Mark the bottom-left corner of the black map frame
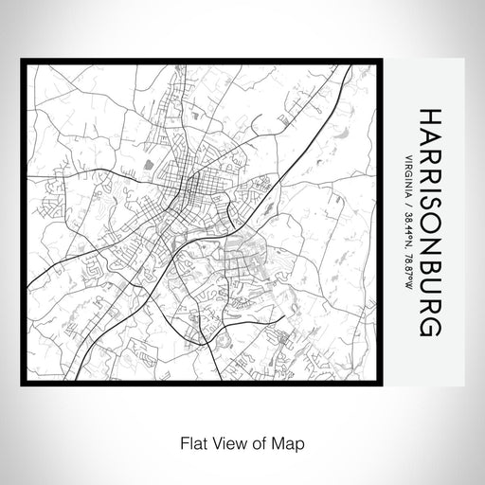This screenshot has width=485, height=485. coord(22,385)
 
